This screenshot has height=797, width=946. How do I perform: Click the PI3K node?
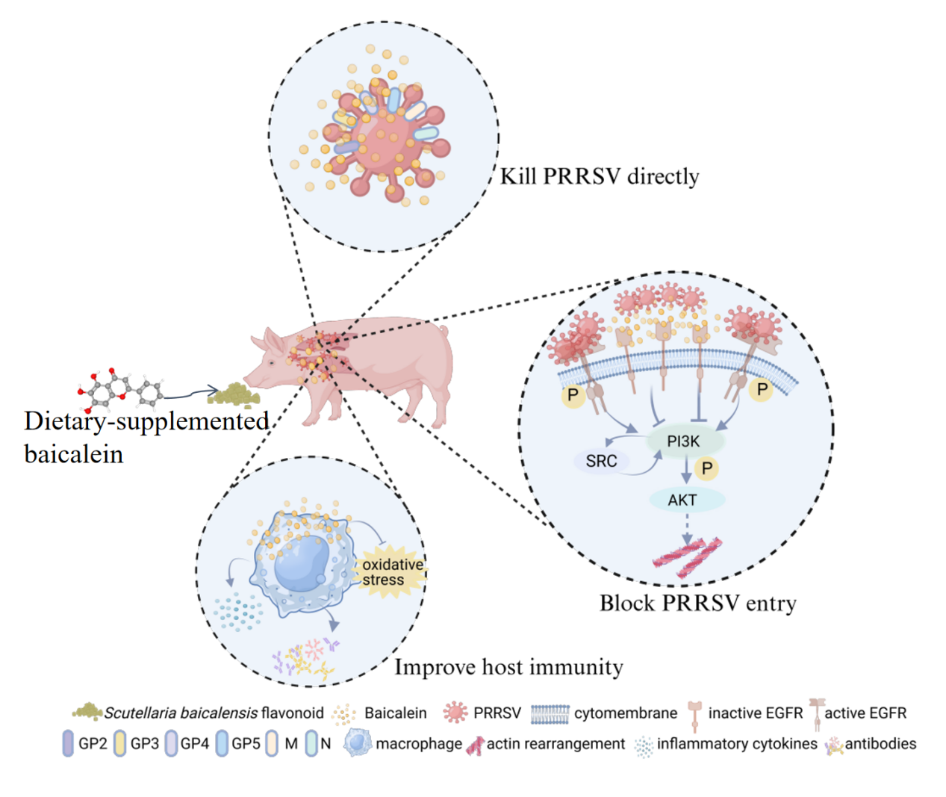click(684, 441)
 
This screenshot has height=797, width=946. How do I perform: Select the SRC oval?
click(601, 461)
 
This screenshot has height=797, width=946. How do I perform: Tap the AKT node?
click(682, 500)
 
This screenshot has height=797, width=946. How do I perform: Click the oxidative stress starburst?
click(390, 572)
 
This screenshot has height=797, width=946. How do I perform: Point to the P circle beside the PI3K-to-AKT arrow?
click(706, 468)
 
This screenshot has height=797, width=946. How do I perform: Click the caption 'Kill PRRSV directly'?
click(599, 176)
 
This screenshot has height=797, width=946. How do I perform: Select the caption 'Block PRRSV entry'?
click(697, 603)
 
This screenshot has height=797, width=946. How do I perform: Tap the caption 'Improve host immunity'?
click(508, 666)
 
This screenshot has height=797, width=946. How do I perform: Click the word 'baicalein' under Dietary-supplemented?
click(73, 453)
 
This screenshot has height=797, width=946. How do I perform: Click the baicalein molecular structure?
click(119, 389)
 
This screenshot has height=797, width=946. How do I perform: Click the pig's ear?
click(273, 342)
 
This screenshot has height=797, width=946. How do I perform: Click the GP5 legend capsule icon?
click(222, 743)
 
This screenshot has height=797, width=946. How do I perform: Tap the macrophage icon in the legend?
click(358, 742)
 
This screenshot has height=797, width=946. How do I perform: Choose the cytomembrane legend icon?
click(550, 713)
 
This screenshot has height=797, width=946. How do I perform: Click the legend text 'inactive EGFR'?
click(755, 713)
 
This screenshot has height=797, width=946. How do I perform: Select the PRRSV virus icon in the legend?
click(455, 713)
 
